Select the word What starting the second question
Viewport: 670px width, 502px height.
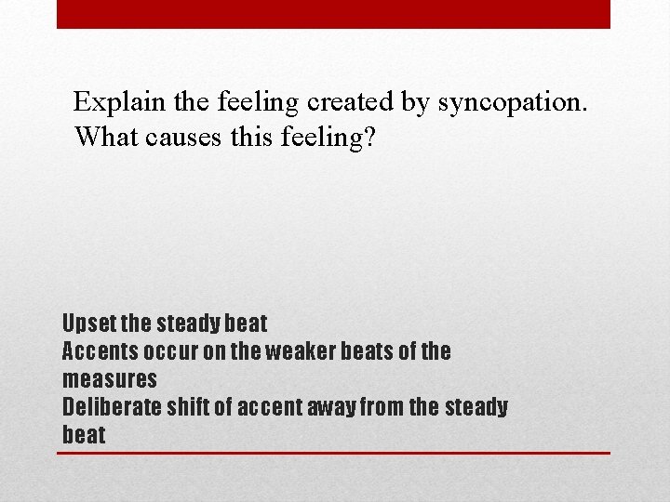pos(103,137)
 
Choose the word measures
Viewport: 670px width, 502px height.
pos(109,379)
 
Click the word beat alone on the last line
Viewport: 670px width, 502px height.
pos(84,435)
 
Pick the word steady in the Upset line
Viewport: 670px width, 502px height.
pos(190,324)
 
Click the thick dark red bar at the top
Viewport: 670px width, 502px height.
pos(333,14)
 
